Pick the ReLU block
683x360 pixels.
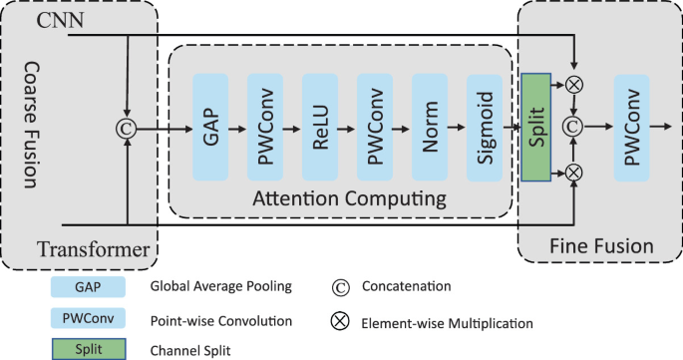click(x=321, y=128)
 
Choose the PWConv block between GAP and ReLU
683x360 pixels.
click(x=266, y=128)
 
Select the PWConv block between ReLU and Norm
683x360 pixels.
click(x=375, y=128)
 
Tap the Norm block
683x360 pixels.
click(x=430, y=128)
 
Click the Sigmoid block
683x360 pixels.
click(x=485, y=128)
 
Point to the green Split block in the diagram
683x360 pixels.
click(x=535, y=128)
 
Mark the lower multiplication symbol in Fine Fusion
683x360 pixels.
click(x=573, y=173)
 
